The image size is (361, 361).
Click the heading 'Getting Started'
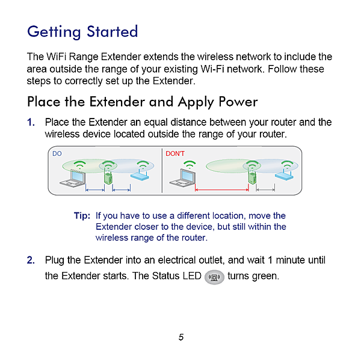[82, 31]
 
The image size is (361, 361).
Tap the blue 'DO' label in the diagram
[57, 153]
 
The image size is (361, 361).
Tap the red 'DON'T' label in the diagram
[175, 153]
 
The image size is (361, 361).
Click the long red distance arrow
[221, 191]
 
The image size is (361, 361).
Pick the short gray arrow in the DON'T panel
[265, 191]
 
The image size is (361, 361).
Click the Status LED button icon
[214, 277]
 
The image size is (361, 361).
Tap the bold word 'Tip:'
[82, 215]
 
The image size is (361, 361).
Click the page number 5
[180, 337]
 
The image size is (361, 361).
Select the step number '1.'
[31, 123]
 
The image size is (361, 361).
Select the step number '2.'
[31, 260]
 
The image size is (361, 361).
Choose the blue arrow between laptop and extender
[95, 191]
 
